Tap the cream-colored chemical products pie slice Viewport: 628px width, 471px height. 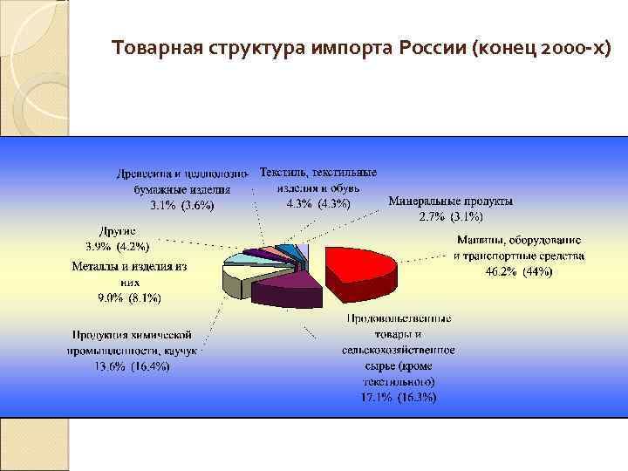point(238,281)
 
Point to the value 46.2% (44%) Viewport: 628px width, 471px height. point(519,271)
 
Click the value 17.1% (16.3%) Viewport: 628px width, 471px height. point(398,397)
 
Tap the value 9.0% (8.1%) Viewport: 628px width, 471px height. point(129,297)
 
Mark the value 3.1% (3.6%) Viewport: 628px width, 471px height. point(181,206)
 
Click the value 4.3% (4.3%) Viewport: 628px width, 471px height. point(318,204)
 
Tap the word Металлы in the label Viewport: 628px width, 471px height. point(95,267)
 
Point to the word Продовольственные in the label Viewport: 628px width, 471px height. point(399,318)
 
